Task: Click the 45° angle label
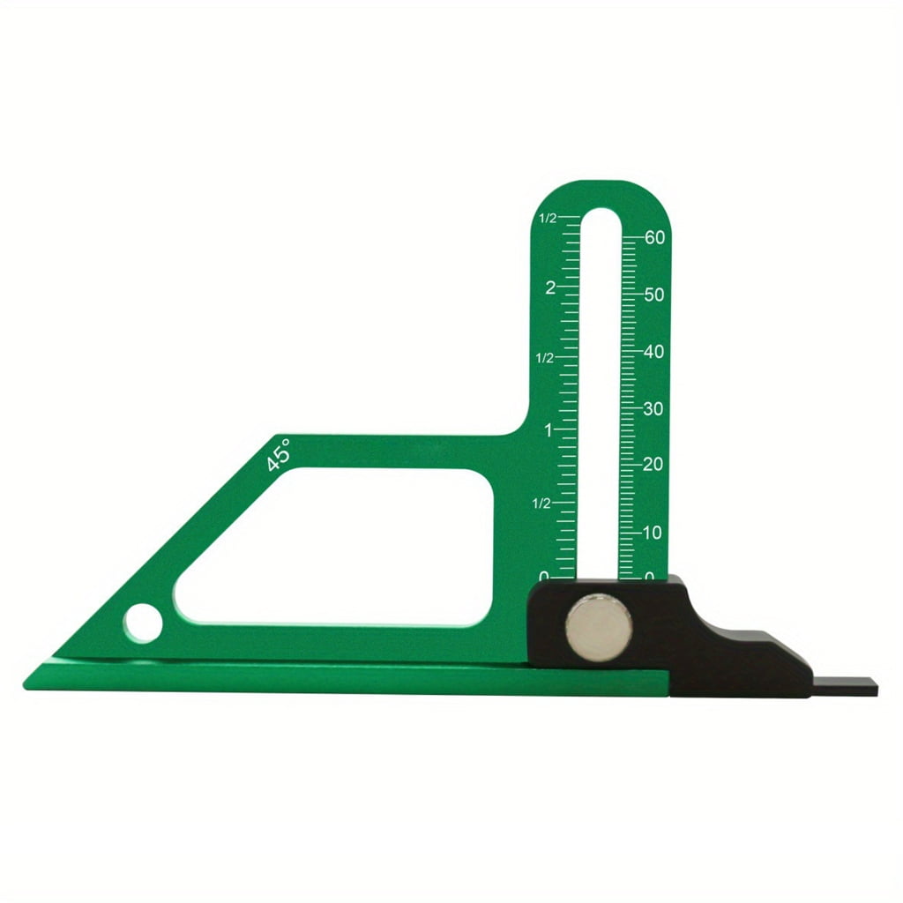(280, 455)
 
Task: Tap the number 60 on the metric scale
(654, 237)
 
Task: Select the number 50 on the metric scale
(654, 295)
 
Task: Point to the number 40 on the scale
(654, 351)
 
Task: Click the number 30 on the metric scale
(654, 408)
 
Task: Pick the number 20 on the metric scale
(654, 464)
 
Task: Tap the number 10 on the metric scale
(653, 533)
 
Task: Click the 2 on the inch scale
(549, 287)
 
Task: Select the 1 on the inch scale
(549, 430)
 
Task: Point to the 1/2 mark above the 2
(548, 218)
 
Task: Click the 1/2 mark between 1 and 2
(545, 358)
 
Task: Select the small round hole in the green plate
(143, 623)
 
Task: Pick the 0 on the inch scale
(544, 576)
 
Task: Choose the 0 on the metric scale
(650, 577)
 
